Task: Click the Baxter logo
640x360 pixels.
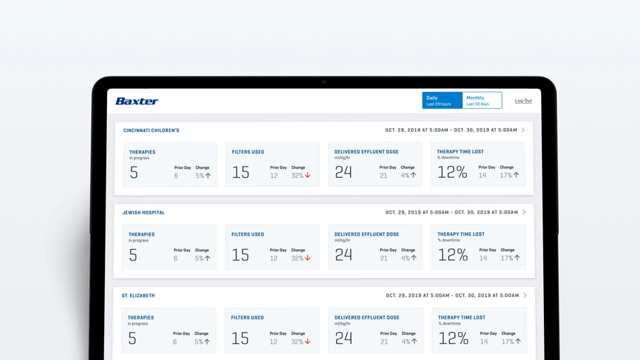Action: (137, 101)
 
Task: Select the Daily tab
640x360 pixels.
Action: (442, 100)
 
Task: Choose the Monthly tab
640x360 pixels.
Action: (481, 100)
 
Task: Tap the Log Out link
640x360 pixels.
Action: (523, 101)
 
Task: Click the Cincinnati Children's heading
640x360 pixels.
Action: (151, 131)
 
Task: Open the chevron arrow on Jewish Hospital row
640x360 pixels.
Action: (524, 212)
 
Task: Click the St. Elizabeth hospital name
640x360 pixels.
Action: (138, 296)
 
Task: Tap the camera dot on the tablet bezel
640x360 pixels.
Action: (324, 82)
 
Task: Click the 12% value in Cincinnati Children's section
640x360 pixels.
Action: (452, 173)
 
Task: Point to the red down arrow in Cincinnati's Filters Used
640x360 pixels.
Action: (308, 175)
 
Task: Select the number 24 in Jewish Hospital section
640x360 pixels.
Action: (344, 255)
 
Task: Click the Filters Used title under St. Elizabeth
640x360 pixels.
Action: (248, 317)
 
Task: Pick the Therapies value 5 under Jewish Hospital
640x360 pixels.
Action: (133, 255)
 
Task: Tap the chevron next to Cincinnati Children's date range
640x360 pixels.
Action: (523, 130)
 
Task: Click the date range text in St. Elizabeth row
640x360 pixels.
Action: (452, 296)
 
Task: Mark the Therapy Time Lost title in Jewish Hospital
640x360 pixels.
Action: (461, 234)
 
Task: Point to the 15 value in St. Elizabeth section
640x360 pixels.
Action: (240, 338)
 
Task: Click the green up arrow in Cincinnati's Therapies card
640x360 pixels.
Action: (208, 175)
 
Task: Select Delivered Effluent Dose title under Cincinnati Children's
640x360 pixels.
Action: (366, 152)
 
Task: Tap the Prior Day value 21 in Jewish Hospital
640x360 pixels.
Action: (384, 258)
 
